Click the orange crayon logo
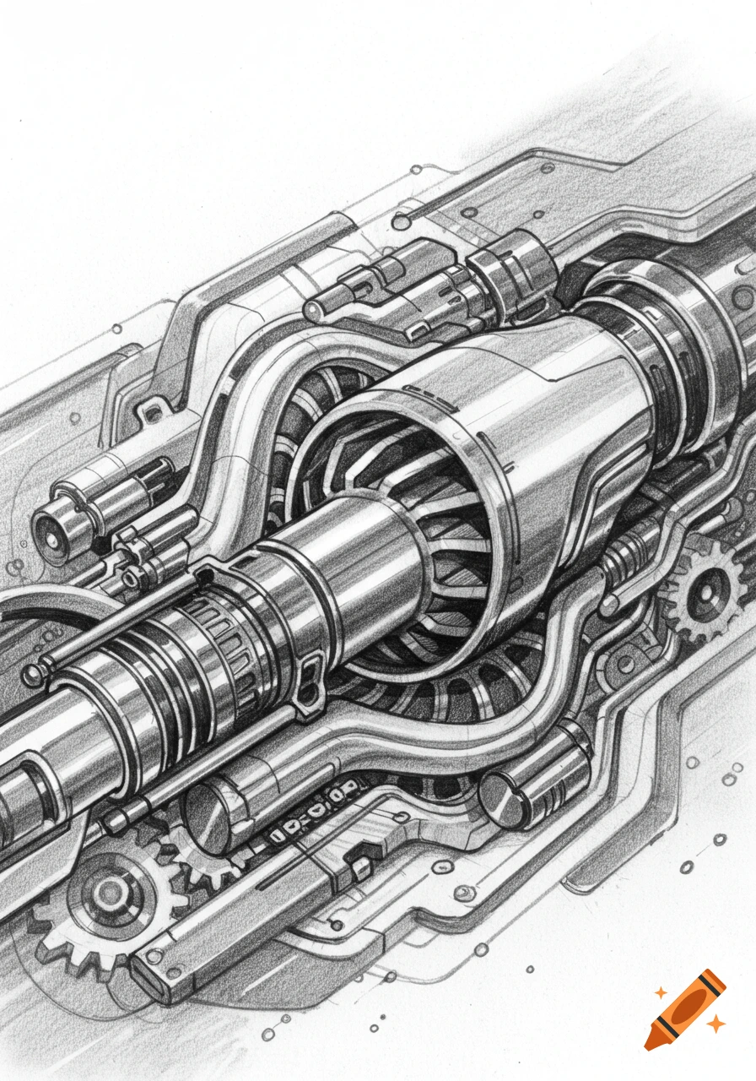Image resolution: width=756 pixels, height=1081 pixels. coord(684,1008)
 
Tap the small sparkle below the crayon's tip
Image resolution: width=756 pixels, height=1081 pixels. coord(715,1024)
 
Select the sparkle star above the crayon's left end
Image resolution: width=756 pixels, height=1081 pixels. coord(661,992)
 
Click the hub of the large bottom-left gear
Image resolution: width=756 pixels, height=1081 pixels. coord(111,891)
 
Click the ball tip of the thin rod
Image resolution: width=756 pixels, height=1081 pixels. coord(33,674)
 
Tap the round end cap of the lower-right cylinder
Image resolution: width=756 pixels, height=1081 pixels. coord(503,797)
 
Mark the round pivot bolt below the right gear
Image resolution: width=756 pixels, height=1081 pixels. coord(625,664)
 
